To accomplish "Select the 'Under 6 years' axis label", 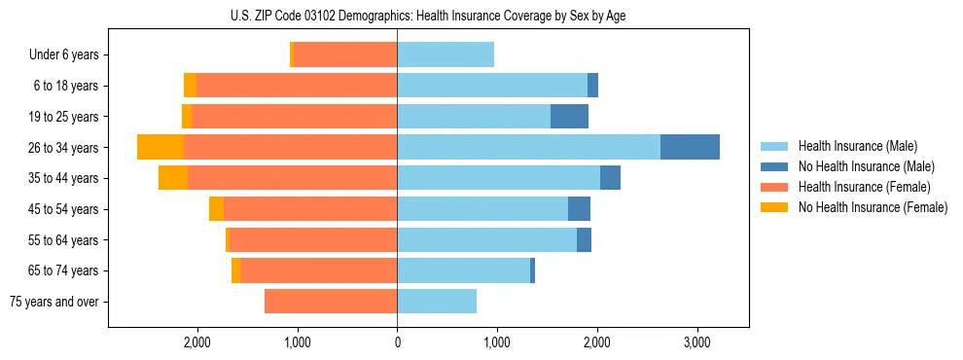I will [x=64, y=54].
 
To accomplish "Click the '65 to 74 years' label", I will [x=66, y=270].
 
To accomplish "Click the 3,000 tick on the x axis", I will [x=696, y=342].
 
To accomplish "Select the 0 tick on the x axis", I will [x=397, y=342].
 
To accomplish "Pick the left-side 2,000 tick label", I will [x=197, y=342].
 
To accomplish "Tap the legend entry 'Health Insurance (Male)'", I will [x=866, y=146].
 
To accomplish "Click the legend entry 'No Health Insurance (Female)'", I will [x=873, y=207].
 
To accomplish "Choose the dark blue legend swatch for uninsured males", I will [x=774, y=166].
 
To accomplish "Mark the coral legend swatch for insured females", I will [x=774, y=187].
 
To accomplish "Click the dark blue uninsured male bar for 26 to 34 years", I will [x=690, y=147].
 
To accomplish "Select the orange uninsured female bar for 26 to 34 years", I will [x=160, y=147].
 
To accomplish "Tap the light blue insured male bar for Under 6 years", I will [x=446, y=54].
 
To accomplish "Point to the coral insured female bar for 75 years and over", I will [x=331, y=302].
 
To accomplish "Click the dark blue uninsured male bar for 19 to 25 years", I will [x=569, y=117].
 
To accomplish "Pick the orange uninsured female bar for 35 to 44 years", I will [x=173, y=178].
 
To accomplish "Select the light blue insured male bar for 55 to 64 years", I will [x=486, y=240].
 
